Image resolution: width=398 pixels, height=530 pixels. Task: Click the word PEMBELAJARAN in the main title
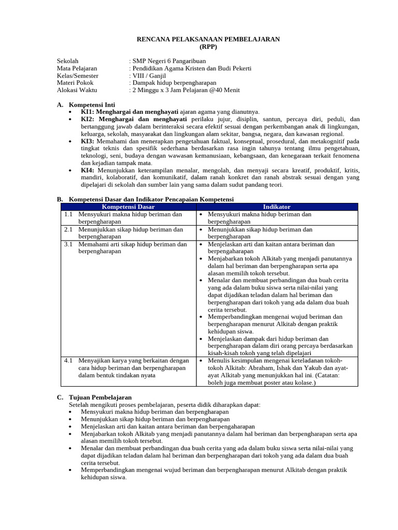pos(252,39)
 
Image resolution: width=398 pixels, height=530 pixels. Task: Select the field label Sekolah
pos(68,61)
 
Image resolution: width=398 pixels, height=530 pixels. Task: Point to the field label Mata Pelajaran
pos(77,68)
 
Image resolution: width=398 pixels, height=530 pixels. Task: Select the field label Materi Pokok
pos(75,83)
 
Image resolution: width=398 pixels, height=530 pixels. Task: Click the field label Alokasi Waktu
pos(76,90)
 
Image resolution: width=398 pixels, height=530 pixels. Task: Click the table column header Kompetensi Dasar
pos(128,207)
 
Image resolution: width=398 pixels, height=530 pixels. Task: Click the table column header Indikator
pos(277,207)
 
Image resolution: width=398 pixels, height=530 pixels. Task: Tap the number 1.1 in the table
pos(68,214)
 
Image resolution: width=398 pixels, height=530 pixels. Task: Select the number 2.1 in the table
pos(68,229)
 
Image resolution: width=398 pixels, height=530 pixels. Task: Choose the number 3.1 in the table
pos(68,244)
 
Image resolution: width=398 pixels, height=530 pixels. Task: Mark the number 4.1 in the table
pos(68,360)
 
